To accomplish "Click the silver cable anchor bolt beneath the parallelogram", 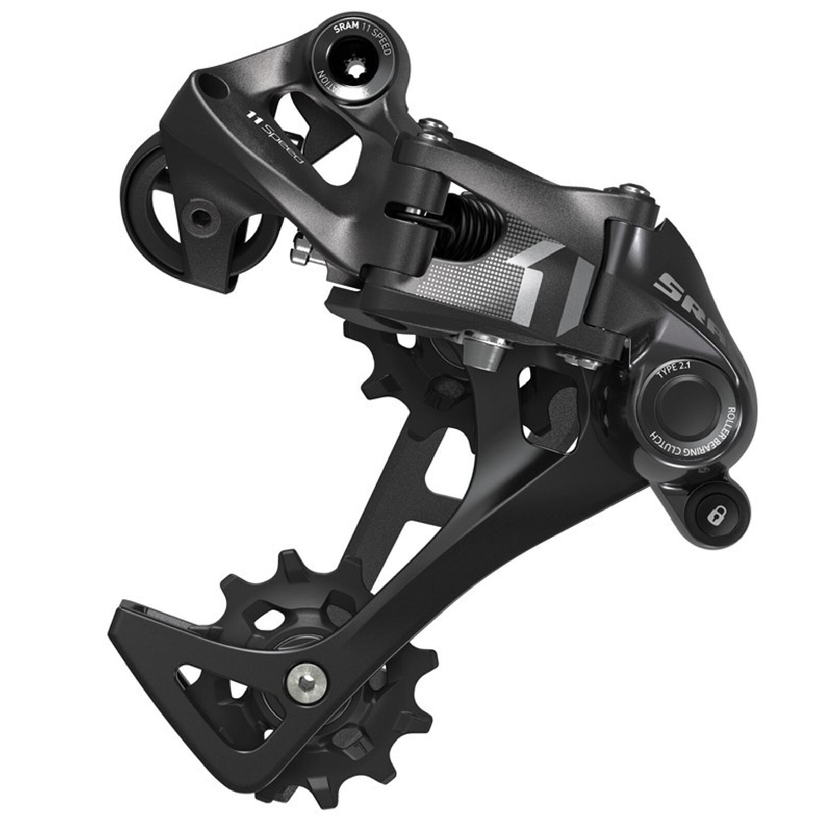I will pos(484,352).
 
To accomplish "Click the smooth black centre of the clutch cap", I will pos(683,403).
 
